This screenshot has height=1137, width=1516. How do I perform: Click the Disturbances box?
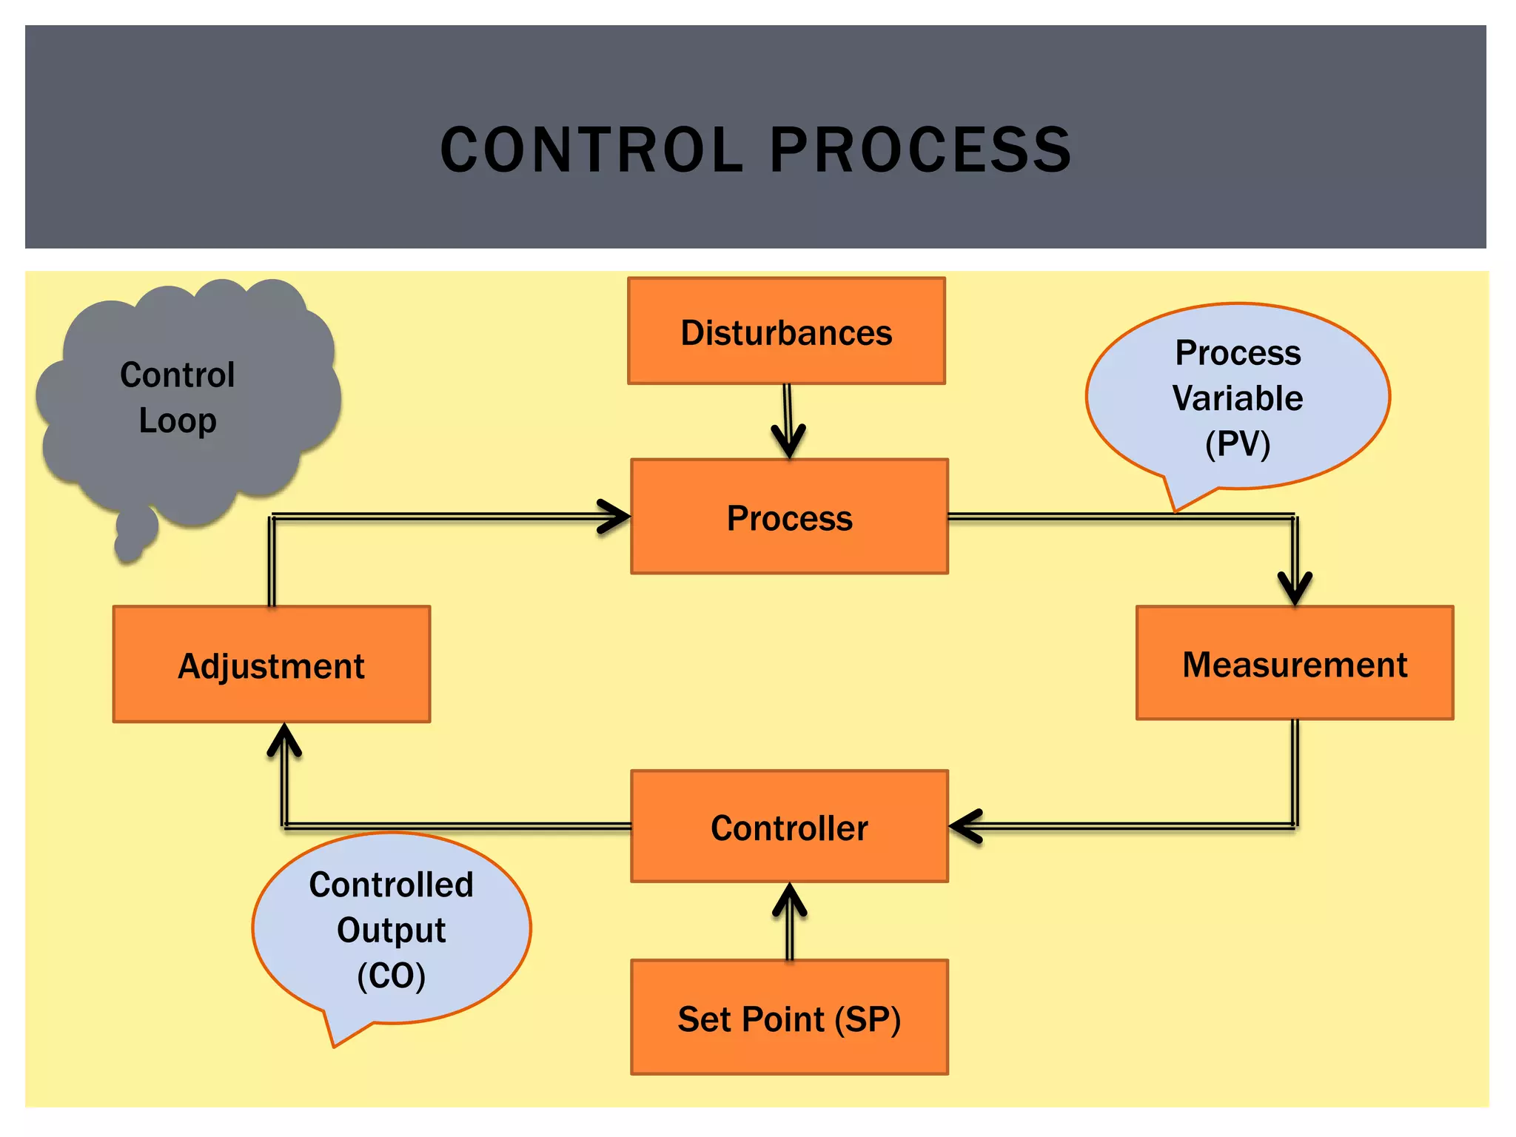coord(786,331)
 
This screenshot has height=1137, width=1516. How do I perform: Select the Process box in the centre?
coord(789,517)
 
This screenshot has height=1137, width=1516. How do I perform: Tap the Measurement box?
coord(1295,663)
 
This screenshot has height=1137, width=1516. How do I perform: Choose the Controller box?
coord(789,827)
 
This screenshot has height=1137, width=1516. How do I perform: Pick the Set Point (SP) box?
coord(789,1018)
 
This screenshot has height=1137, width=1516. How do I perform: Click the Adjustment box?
coord(272,665)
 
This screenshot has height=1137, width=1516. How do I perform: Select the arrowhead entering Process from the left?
coord(616,517)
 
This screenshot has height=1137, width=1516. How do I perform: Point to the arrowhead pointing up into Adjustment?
coord(284,739)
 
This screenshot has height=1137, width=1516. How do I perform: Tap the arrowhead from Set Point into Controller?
coord(789,899)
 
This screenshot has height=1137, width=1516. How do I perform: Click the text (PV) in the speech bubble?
coord(1238,444)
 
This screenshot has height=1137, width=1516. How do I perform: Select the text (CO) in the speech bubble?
coord(392,976)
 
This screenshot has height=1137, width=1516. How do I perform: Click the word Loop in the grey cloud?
coord(178,420)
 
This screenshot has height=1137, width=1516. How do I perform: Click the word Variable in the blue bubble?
coord(1238,398)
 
